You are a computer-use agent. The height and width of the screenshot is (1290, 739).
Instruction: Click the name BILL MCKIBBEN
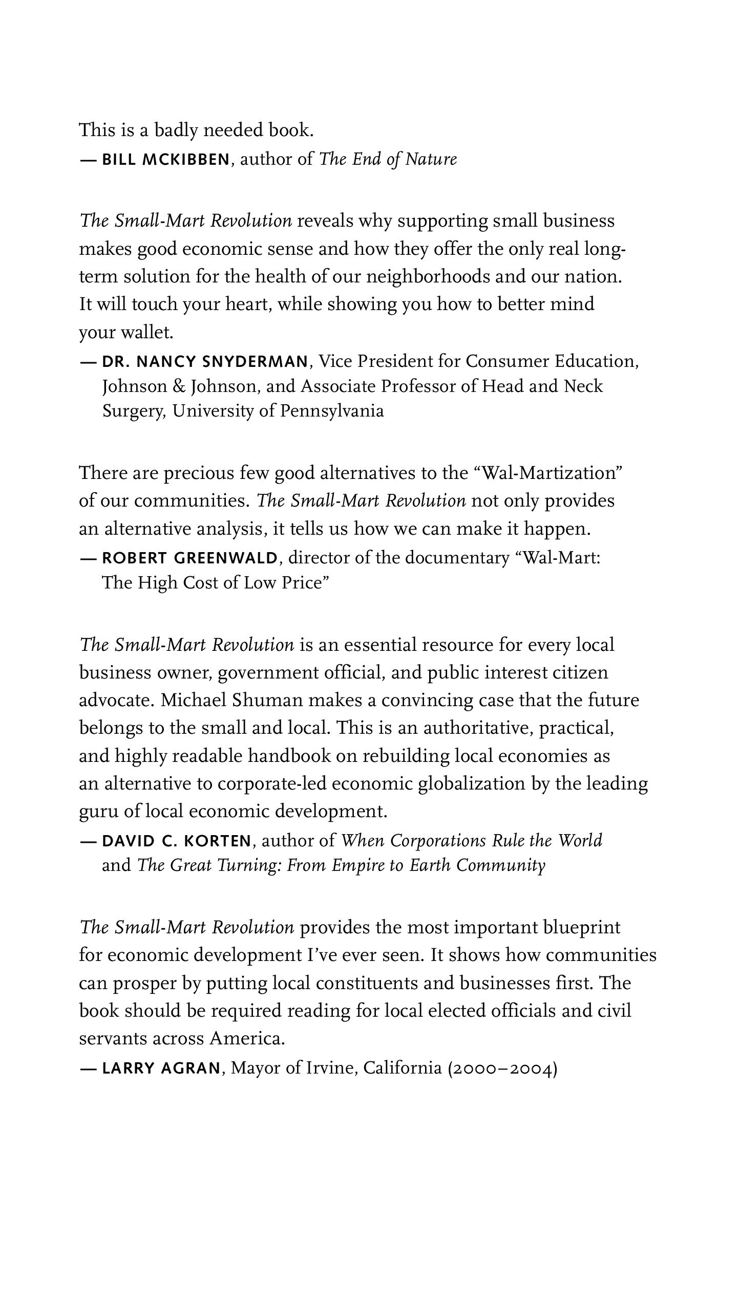(x=166, y=160)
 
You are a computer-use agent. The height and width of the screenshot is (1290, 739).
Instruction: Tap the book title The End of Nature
(x=388, y=160)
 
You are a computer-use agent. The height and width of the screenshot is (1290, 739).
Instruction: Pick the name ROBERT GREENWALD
(x=190, y=558)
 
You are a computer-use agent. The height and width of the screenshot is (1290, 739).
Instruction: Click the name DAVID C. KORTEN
(x=177, y=841)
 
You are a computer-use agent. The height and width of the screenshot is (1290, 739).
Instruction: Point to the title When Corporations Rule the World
(x=471, y=841)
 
